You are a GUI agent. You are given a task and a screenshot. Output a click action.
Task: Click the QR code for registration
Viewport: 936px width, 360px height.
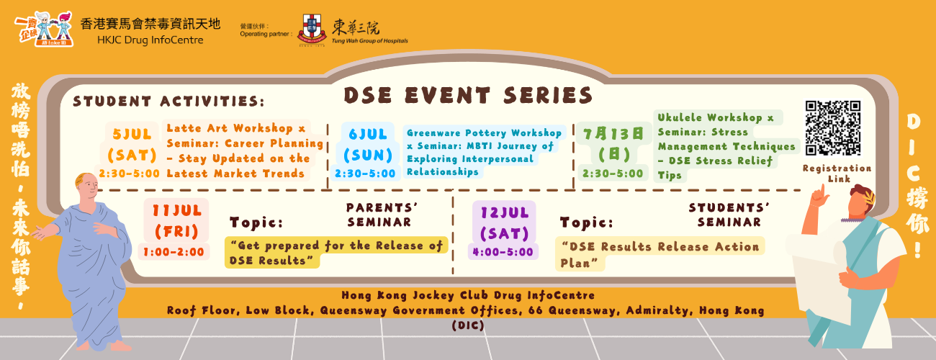833,127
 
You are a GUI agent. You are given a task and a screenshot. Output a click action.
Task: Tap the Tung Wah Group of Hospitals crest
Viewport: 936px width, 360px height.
311,29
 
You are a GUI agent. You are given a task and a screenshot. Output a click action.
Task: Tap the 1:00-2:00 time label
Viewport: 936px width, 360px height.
174,252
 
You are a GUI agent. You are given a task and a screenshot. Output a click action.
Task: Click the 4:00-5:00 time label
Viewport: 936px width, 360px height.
503,252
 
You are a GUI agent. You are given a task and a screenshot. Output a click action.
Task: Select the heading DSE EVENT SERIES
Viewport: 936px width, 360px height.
468,95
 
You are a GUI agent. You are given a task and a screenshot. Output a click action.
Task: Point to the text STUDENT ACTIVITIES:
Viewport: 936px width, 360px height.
168,101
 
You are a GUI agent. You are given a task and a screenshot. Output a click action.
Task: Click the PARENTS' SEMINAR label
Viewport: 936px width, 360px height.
382,215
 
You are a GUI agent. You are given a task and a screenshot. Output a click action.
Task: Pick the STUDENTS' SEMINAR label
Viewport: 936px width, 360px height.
729,215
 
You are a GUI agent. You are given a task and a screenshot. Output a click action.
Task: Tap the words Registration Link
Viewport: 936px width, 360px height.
837,174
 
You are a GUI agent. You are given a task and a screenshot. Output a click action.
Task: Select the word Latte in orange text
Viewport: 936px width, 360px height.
180,128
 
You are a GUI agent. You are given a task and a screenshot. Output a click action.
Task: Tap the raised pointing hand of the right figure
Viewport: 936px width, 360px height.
819,197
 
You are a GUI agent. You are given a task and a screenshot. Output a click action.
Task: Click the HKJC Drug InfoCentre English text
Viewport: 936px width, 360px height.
150,40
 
